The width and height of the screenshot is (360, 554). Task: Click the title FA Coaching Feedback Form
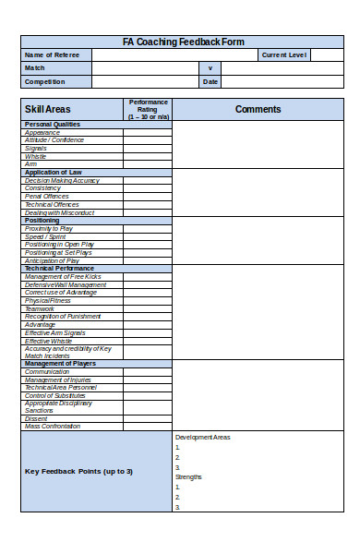(x=183, y=42)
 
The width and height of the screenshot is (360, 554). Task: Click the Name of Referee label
(x=52, y=55)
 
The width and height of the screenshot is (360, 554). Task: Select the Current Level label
(x=284, y=55)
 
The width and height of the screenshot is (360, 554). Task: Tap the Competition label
(x=45, y=81)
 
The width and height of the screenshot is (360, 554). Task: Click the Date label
(x=210, y=81)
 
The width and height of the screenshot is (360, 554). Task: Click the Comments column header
(x=258, y=109)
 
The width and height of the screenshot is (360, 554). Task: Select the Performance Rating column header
(x=149, y=109)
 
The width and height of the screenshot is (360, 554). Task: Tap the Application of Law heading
(x=54, y=172)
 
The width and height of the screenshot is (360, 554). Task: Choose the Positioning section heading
(x=42, y=220)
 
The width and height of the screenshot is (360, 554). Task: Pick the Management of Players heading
(x=60, y=363)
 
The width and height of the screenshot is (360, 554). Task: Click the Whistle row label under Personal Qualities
(x=36, y=156)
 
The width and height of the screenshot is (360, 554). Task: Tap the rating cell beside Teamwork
(x=148, y=308)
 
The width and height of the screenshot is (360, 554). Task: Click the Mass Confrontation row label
(x=53, y=426)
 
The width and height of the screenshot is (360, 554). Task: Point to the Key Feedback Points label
(x=78, y=471)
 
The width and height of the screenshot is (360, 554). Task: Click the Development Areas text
(x=202, y=437)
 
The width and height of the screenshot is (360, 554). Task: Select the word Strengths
(x=188, y=476)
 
